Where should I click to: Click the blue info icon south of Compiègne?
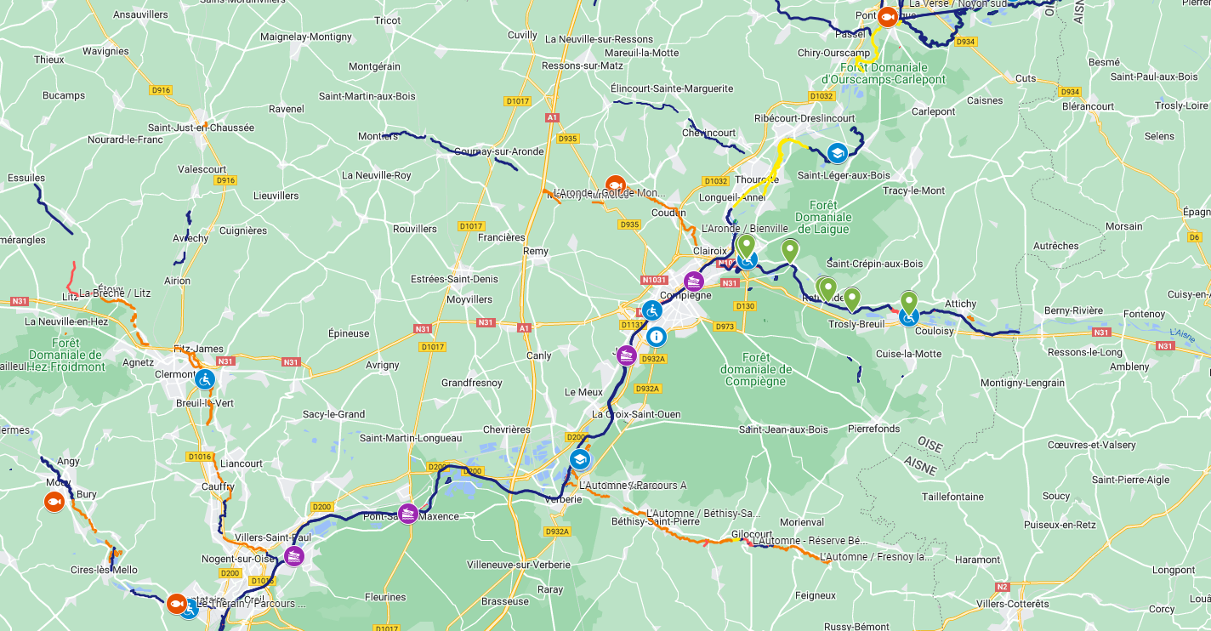click(656, 337)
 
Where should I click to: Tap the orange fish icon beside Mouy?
click(54, 502)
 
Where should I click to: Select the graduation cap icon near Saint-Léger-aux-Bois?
click(837, 153)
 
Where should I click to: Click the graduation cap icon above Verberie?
click(580, 459)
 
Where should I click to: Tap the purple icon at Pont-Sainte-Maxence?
click(408, 513)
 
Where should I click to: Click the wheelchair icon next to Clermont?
click(204, 379)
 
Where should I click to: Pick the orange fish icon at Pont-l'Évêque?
click(887, 17)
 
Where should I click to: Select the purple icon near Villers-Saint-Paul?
click(294, 557)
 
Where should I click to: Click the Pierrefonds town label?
click(873, 429)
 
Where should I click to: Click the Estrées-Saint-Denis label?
click(454, 279)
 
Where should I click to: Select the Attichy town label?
click(960, 304)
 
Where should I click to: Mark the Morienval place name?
click(802, 521)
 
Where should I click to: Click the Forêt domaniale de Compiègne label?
click(756, 369)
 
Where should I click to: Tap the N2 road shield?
click(1002, 587)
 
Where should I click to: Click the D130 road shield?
click(744, 306)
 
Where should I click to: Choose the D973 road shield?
click(725, 326)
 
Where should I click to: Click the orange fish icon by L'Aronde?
click(615, 185)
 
